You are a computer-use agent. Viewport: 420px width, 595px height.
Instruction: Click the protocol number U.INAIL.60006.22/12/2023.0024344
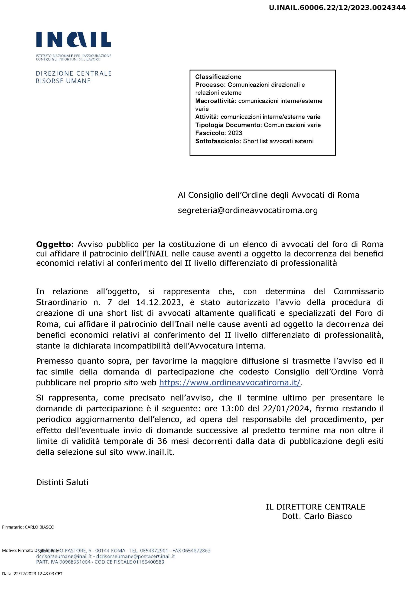(x=337, y=8)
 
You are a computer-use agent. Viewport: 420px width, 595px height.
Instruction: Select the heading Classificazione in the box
(x=218, y=77)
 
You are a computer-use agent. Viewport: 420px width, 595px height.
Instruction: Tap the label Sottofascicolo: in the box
(x=218, y=141)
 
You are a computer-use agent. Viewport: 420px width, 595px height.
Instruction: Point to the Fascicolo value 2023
(x=235, y=133)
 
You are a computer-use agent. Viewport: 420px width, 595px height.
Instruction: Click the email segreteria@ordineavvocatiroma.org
(x=247, y=210)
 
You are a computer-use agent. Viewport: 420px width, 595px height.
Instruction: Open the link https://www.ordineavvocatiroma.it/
(x=230, y=383)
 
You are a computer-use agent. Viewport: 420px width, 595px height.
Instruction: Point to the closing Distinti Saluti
(x=62, y=482)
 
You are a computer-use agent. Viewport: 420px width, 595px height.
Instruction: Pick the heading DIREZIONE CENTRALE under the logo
(x=74, y=74)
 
